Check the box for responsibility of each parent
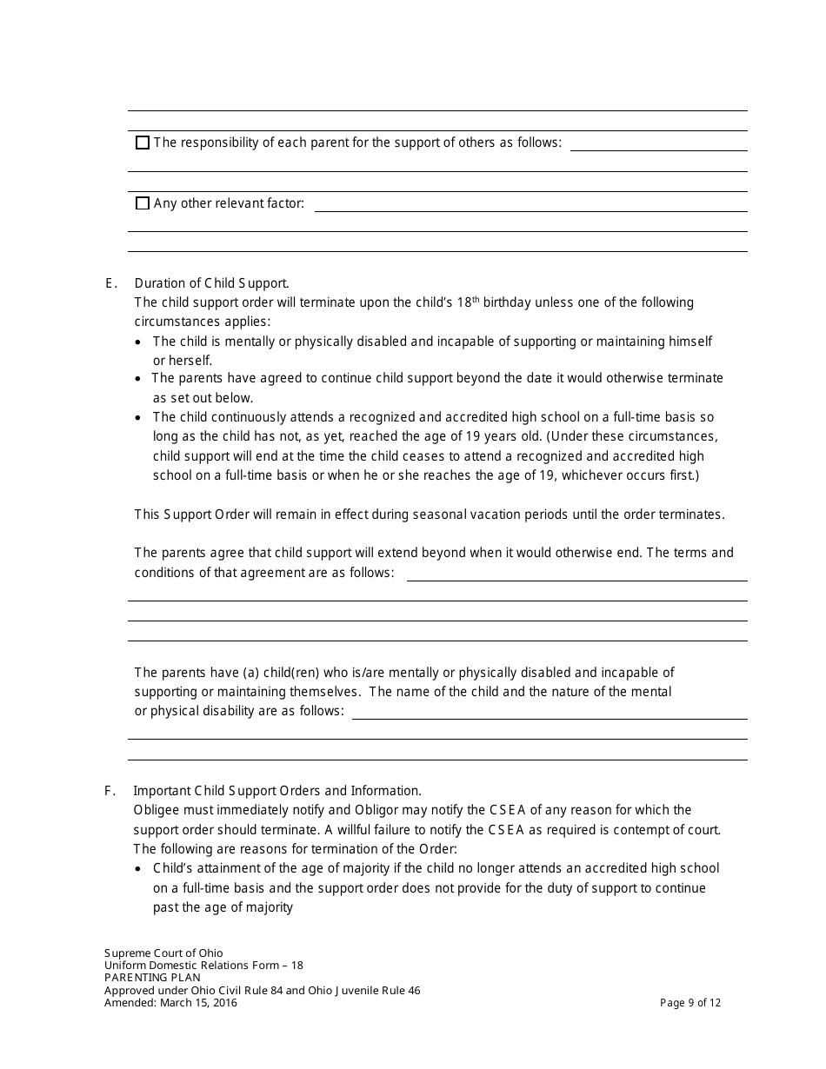[143, 143]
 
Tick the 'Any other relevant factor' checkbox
[143, 204]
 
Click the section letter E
[110, 283]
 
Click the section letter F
[110, 791]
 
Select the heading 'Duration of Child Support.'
[212, 283]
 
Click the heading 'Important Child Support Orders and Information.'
[277, 791]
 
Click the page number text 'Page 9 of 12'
[690, 1002]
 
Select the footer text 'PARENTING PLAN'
[152, 978]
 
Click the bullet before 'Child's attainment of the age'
[140, 869]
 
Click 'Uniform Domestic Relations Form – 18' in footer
[203, 965]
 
